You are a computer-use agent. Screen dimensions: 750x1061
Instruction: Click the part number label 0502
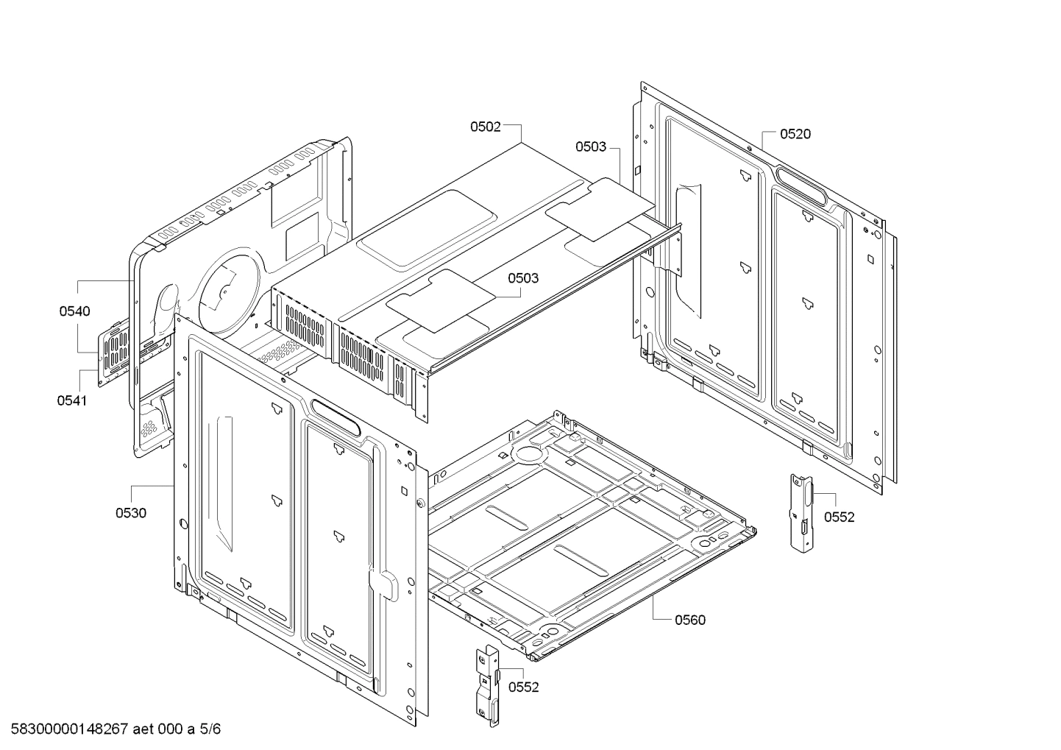(x=486, y=127)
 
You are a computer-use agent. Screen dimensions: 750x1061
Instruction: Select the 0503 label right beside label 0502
(x=591, y=146)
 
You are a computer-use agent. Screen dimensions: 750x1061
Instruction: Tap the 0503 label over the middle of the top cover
(x=522, y=278)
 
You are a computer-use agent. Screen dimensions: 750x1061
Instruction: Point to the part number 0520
(x=795, y=134)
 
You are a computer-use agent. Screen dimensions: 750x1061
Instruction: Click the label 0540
(x=75, y=311)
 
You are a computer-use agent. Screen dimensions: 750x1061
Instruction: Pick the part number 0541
(x=71, y=400)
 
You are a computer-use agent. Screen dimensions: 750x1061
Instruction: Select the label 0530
(x=130, y=513)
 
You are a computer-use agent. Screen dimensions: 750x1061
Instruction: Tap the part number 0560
(x=689, y=620)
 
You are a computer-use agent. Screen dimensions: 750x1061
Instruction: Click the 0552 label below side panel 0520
(x=839, y=517)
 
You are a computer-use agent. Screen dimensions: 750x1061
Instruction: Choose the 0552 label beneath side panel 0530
(x=523, y=687)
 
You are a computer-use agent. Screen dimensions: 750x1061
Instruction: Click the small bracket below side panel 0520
(x=801, y=511)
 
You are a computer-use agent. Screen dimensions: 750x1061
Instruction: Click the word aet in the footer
(x=144, y=729)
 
